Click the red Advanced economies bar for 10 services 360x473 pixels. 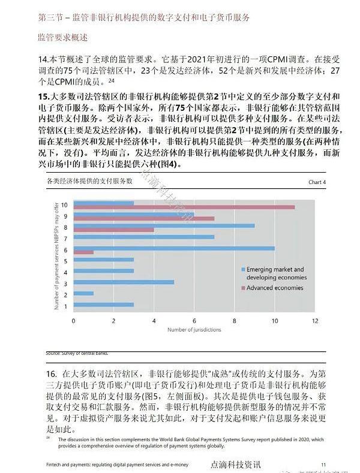pos(184,207)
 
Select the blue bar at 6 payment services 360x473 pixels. pos(174,248)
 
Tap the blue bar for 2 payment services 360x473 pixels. pos(83,293)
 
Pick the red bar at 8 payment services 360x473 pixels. pos(113,230)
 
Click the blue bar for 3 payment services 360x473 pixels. pos(124,282)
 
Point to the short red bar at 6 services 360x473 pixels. pos(83,252)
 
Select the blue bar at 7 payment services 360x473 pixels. pos(144,237)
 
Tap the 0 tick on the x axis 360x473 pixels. pos(73,321)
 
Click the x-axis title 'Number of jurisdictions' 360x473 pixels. pos(194,330)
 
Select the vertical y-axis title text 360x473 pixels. pos(55,255)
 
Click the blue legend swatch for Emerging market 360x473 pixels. pos(243,270)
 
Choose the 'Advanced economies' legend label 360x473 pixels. pos(275,288)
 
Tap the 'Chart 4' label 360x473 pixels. pos(316,182)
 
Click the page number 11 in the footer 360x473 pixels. pos(323,464)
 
